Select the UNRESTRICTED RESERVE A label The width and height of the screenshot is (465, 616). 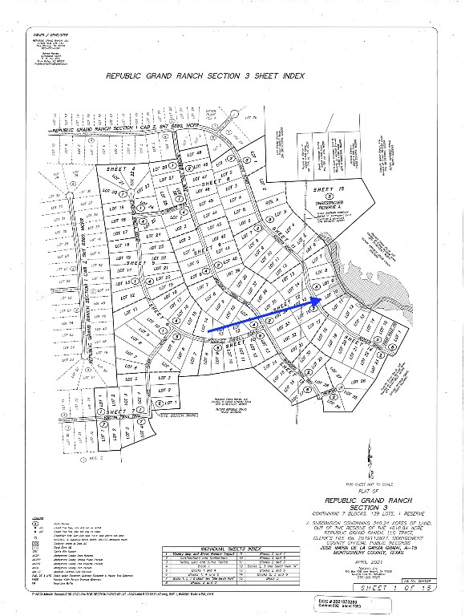323,206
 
